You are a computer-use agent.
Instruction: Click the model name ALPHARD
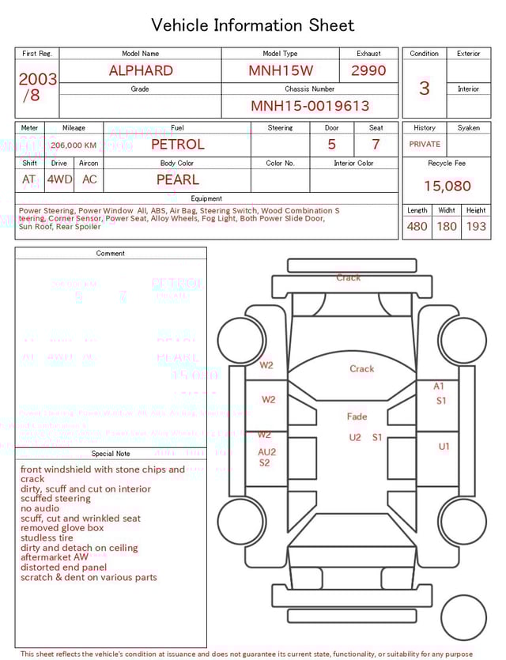(141, 70)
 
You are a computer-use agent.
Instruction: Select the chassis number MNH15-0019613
(310, 106)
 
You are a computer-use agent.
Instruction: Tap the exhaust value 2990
(368, 70)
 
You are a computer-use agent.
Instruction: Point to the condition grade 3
(425, 89)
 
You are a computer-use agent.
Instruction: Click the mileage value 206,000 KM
(74, 145)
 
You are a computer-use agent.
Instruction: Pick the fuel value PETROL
(177, 145)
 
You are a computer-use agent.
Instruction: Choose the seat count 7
(376, 145)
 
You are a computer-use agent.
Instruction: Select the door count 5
(331, 145)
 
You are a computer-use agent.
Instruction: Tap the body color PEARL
(177, 179)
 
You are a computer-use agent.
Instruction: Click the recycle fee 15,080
(447, 187)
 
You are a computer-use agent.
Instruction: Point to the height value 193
(476, 226)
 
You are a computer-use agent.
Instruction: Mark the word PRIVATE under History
(425, 145)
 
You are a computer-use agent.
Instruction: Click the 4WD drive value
(59, 179)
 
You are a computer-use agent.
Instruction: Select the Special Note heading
(111, 454)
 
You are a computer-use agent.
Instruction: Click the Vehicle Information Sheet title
(253, 25)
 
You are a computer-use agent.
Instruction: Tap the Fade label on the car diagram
(357, 417)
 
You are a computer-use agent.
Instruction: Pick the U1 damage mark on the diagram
(444, 447)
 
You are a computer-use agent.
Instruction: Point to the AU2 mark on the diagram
(267, 452)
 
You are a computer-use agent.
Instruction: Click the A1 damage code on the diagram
(439, 387)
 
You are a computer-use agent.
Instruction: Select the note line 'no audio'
(40, 508)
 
